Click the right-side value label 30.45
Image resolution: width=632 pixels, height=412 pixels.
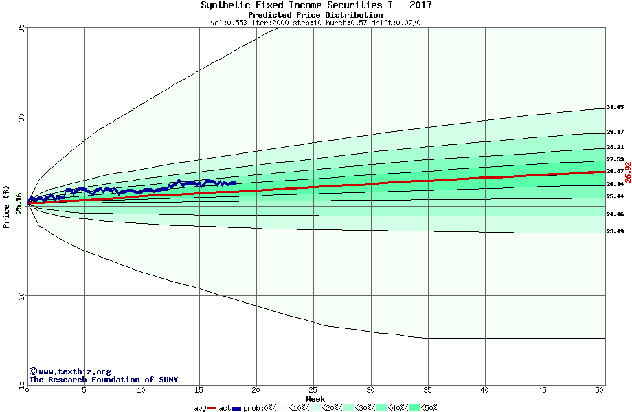click(x=615, y=108)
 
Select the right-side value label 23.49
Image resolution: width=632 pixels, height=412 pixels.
click(x=615, y=232)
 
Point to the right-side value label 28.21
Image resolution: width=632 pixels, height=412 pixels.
click(x=615, y=148)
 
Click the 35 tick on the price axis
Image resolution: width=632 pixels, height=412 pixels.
click(x=21, y=29)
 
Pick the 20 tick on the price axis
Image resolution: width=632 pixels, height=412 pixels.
click(x=21, y=296)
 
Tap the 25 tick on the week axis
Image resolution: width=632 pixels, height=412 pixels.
click(x=313, y=390)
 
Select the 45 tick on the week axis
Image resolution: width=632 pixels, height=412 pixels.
click(x=542, y=390)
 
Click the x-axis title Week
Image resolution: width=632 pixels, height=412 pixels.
click(x=315, y=399)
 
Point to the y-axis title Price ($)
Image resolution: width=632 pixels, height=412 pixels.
click(x=7, y=207)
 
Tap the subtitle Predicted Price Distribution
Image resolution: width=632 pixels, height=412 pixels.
click(x=315, y=15)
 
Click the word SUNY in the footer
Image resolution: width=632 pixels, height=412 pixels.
click(x=168, y=380)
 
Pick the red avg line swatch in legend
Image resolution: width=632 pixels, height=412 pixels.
click(x=212, y=408)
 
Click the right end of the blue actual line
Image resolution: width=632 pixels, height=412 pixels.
click(x=236, y=183)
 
